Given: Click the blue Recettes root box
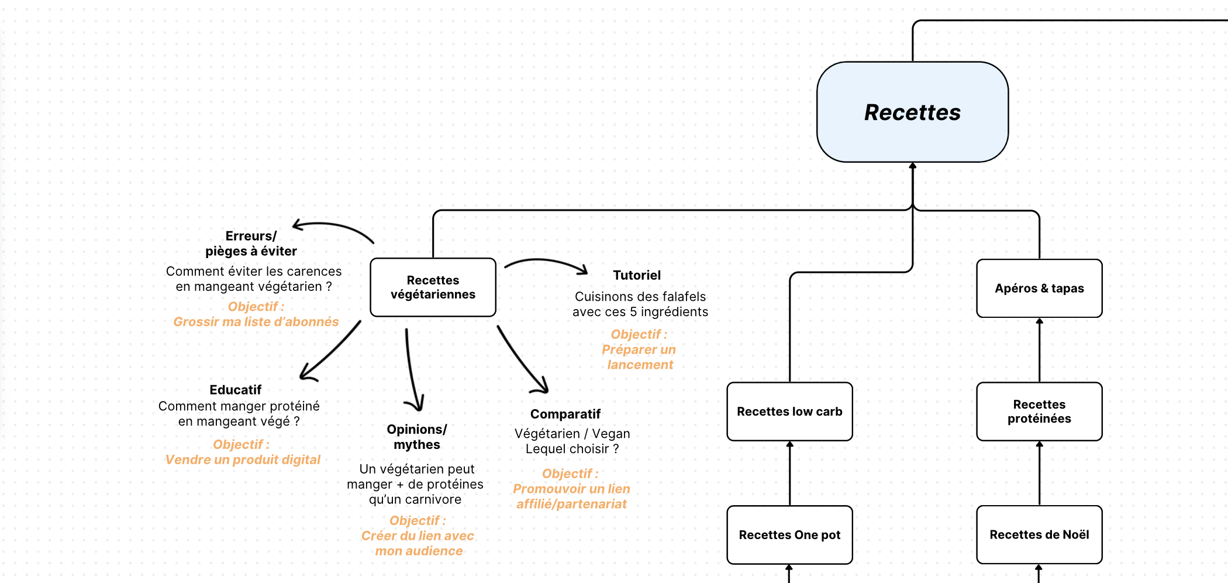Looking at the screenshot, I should tap(912, 112).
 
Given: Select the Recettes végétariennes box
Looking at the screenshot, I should tap(433, 287).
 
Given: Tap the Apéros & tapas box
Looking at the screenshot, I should tap(1039, 289).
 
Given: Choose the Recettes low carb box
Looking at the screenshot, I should tap(789, 411).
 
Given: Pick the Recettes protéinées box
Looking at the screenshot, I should tap(1039, 411).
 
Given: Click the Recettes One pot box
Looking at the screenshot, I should tap(789, 535).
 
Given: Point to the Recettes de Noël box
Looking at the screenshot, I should tap(1039, 534).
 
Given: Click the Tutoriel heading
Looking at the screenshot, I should tap(637, 275).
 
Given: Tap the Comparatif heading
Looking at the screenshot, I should tap(565, 414).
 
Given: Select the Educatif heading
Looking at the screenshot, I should tap(235, 390).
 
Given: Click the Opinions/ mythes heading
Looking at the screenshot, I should tap(416, 437).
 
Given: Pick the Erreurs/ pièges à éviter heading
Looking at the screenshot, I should tap(251, 244).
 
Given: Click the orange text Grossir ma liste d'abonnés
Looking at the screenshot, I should tap(256, 322).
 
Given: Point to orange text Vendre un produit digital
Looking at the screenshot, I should tap(243, 460).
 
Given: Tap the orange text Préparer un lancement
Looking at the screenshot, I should tap(639, 357).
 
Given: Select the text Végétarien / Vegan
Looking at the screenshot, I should tap(572, 434).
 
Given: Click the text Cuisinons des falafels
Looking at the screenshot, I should tap(640, 297).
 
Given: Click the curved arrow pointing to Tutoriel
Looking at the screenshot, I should tap(546, 263).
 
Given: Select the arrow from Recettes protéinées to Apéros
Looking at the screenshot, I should tap(1039, 350).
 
